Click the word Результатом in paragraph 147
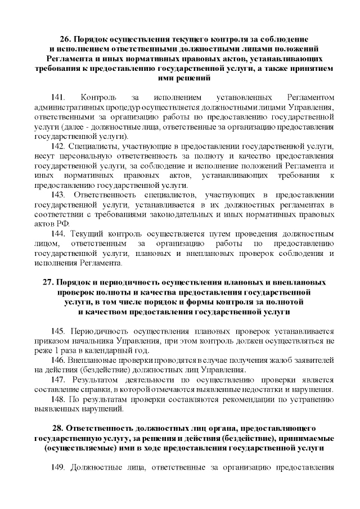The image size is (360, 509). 94,380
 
